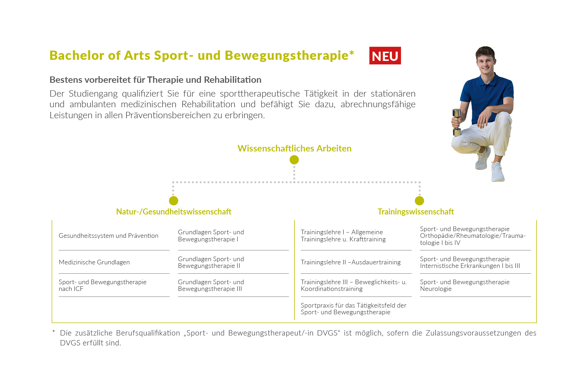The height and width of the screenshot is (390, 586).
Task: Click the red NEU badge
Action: pos(385,56)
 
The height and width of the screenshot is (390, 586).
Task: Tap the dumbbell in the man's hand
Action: pos(457,122)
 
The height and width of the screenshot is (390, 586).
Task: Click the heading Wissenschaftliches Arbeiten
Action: pos(294,149)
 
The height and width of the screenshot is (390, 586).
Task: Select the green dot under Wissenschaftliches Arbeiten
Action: pos(294,160)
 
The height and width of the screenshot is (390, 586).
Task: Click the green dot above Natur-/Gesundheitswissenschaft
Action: pos(174,201)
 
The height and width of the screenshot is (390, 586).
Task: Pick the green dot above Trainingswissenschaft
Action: pos(419,201)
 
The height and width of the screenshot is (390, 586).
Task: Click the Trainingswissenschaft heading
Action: pos(416,212)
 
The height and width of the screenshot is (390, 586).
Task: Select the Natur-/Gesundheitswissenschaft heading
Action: pos(174,212)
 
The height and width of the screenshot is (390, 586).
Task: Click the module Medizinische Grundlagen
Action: pos(94,262)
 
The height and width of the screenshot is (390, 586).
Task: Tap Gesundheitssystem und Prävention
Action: pos(108,236)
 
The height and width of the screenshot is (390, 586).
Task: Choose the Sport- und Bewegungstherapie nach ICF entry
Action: pos(102,286)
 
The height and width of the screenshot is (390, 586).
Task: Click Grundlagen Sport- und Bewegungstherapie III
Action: pos(211,286)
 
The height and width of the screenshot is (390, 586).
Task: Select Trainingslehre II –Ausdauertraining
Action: pos(350,262)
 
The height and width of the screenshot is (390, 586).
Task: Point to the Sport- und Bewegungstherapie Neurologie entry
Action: pos(465,286)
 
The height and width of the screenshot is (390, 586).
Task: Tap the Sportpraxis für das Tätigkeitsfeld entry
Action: pos(354,309)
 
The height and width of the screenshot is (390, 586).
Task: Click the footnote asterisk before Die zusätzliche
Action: pos(53,332)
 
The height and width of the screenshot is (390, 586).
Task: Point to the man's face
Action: pos(485,62)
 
